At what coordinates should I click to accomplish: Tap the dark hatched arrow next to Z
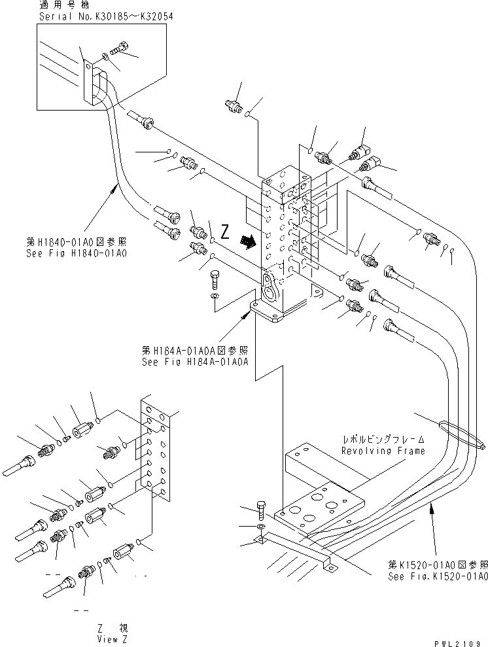(248, 243)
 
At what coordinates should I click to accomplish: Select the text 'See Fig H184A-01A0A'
(195, 359)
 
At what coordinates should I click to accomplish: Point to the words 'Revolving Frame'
(383, 451)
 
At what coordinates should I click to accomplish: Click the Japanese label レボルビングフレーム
(383, 440)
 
